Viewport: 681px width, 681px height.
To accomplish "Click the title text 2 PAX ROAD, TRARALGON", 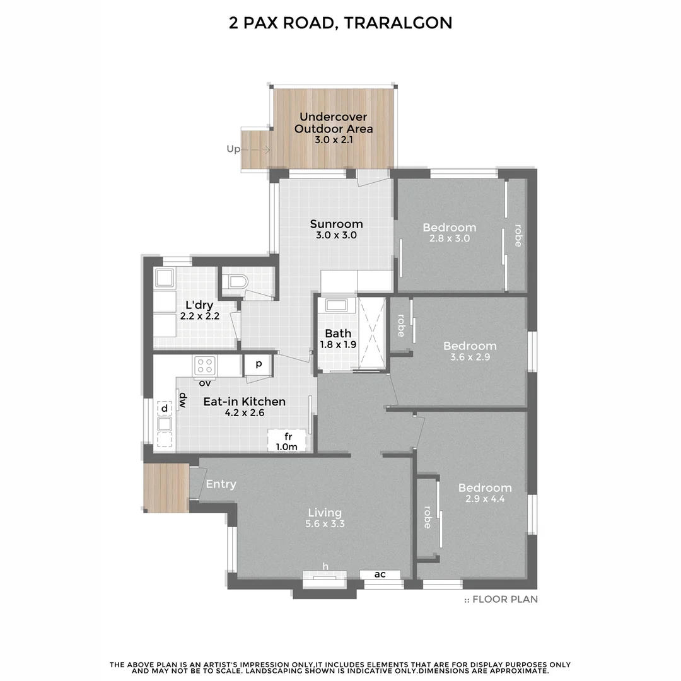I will pyautogui.click(x=340, y=23).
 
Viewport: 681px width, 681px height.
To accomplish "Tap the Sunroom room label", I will pyautogui.click(x=336, y=224).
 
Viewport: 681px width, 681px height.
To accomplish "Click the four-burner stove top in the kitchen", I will pyautogui.click(x=205, y=364).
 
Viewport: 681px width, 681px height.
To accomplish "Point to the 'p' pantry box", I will pyautogui.click(x=258, y=364).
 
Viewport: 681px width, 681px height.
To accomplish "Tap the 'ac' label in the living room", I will pyautogui.click(x=380, y=574).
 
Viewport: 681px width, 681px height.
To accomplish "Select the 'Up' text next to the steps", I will pyautogui.click(x=234, y=149).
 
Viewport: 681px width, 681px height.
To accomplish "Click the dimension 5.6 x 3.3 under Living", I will pyautogui.click(x=325, y=524).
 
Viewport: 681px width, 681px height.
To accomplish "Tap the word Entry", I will pyautogui.click(x=221, y=484).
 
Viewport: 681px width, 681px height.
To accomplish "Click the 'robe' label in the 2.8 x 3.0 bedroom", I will pyautogui.click(x=518, y=235).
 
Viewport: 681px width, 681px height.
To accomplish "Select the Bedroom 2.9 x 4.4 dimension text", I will pyautogui.click(x=485, y=499).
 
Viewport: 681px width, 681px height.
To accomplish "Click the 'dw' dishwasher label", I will pyautogui.click(x=182, y=400).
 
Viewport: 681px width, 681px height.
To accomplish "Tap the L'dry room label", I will pyautogui.click(x=199, y=305).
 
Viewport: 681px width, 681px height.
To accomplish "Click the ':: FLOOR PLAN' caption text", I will pyautogui.click(x=501, y=600).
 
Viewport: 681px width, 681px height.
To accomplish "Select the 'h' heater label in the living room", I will pyautogui.click(x=325, y=567).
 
